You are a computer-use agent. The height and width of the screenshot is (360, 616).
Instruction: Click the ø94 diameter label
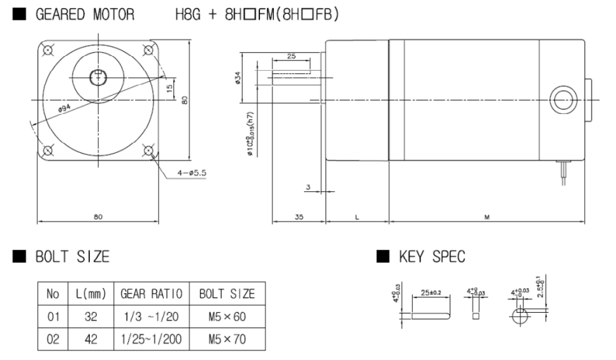pyautogui.click(x=66, y=109)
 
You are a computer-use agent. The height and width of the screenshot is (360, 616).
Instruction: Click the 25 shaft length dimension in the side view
pyautogui.click(x=291, y=57)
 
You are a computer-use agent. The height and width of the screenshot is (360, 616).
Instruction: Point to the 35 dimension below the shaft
pyautogui.click(x=299, y=217)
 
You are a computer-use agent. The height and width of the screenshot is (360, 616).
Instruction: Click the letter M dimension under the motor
pyautogui.click(x=487, y=217)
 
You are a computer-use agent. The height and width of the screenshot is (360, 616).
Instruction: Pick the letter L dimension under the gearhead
pyautogui.click(x=357, y=217)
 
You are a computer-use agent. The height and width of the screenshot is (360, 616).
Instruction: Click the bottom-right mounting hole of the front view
pyautogui.click(x=149, y=151)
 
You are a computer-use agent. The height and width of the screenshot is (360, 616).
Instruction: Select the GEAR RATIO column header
pyautogui.click(x=151, y=294)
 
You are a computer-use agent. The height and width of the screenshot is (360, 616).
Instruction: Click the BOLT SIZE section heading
pyautogui.click(x=73, y=257)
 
